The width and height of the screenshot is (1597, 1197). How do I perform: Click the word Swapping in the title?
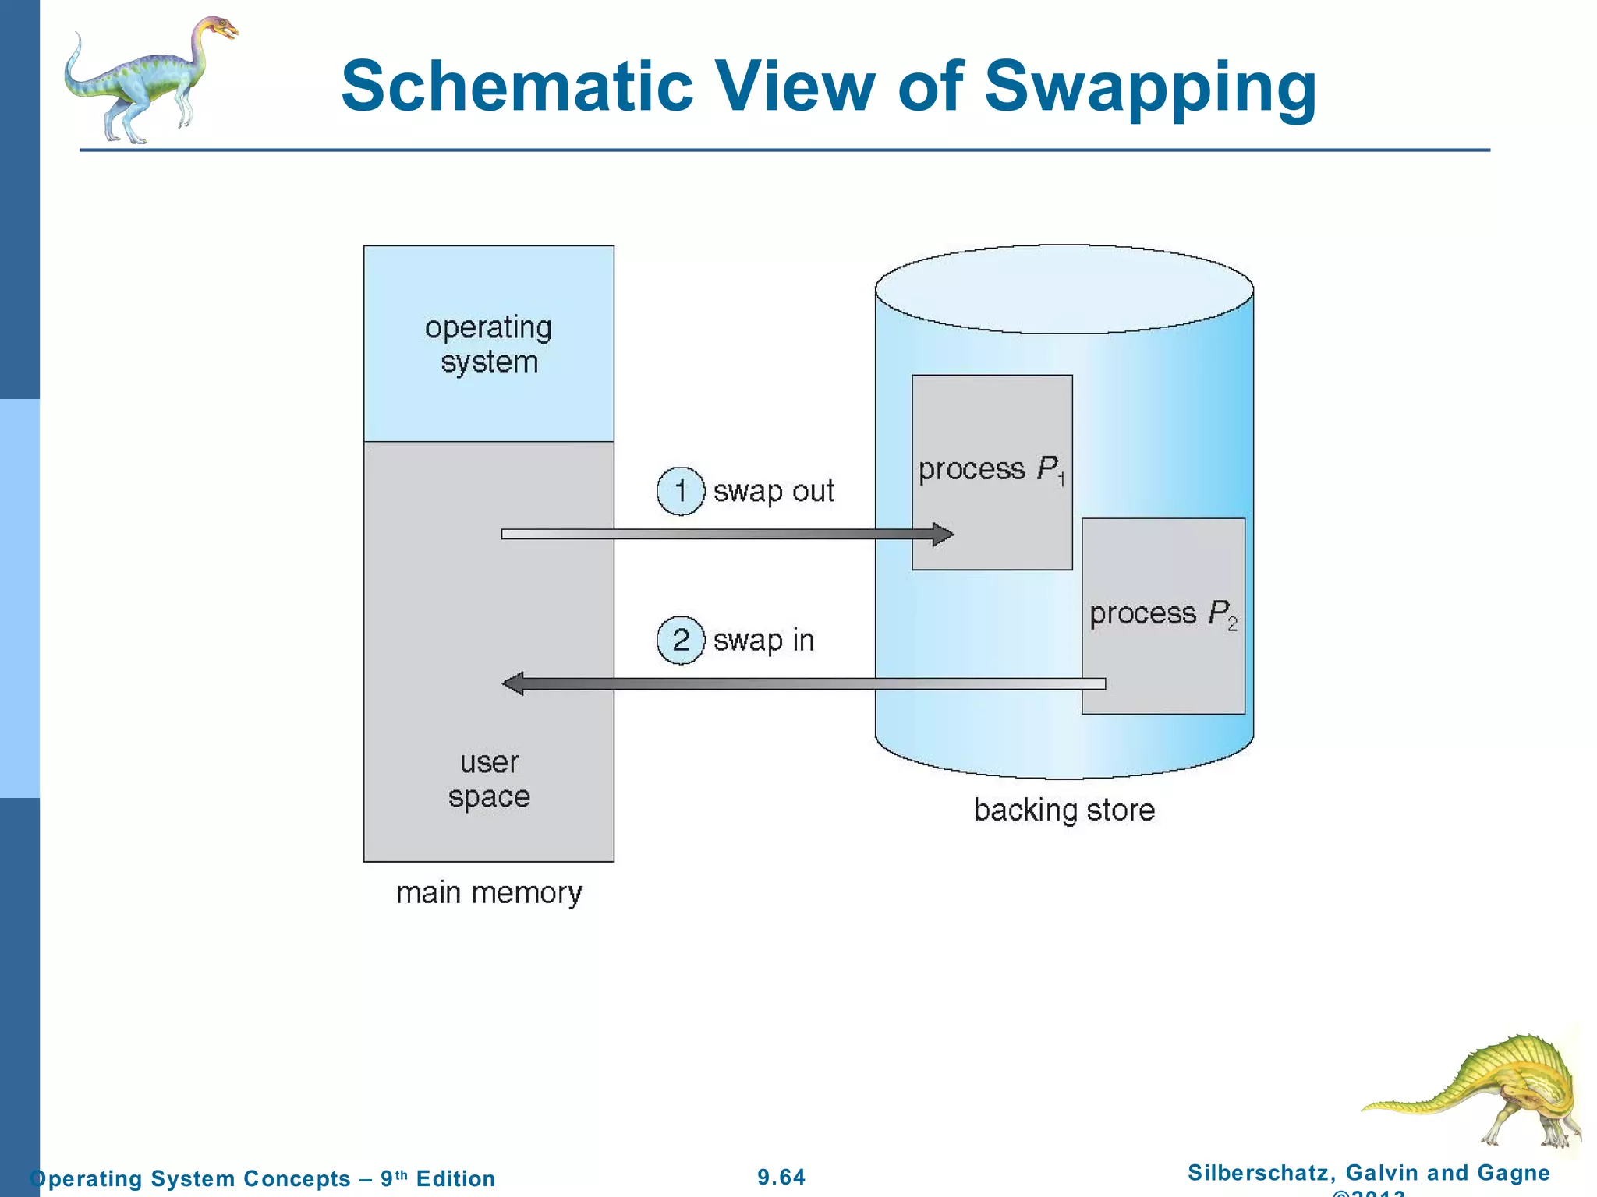1150,87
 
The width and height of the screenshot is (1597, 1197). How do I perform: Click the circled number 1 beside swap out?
681,492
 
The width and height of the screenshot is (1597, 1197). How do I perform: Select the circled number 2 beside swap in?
681,641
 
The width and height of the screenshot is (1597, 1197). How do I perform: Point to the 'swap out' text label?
774,492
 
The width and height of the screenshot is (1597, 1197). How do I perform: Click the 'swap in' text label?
763,641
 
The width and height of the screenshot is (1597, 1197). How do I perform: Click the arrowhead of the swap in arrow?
513,684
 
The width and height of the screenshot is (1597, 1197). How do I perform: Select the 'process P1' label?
991,469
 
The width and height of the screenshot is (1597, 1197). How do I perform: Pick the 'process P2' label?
1163,614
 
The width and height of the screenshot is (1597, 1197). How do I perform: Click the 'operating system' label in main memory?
489,344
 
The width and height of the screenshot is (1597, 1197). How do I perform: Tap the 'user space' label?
489,779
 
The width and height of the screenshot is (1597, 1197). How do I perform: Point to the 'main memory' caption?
489,893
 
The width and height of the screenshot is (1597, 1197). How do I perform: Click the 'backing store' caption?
1064,810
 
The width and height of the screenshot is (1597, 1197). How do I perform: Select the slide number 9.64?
781,1177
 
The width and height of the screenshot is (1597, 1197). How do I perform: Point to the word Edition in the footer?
455,1178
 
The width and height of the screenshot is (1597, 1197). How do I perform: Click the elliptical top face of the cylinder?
1064,289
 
